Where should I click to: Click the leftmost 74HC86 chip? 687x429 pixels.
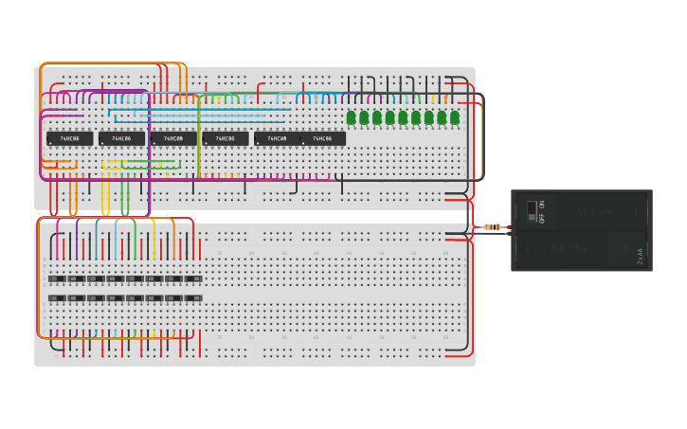tap(70, 138)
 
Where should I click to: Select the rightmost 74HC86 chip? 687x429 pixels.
tap(323, 138)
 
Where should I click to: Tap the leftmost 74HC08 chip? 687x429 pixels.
tap(173, 138)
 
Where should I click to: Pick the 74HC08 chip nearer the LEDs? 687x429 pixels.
tap(277, 138)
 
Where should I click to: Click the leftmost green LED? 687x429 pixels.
tap(351, 117)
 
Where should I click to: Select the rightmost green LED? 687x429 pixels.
tap(455, 117)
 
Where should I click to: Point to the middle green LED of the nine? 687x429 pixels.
tap(403, 117)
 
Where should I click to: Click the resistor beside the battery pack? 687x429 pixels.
tap(491, 227)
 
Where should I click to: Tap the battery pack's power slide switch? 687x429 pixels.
tap(532, 210)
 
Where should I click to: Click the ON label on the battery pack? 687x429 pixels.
tap(542, 205)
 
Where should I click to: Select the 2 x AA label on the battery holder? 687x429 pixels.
tap(641, 256)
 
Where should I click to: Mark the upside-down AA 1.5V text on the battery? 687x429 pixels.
tap(595, 212)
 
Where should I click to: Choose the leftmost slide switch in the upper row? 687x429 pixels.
tap(57, 278)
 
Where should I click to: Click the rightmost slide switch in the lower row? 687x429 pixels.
tap(193, 298)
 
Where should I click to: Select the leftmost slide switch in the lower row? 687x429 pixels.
tap(57, 298)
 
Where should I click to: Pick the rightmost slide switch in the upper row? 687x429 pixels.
tap(193, 278)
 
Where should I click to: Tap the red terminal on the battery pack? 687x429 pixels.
tap(509, 227)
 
